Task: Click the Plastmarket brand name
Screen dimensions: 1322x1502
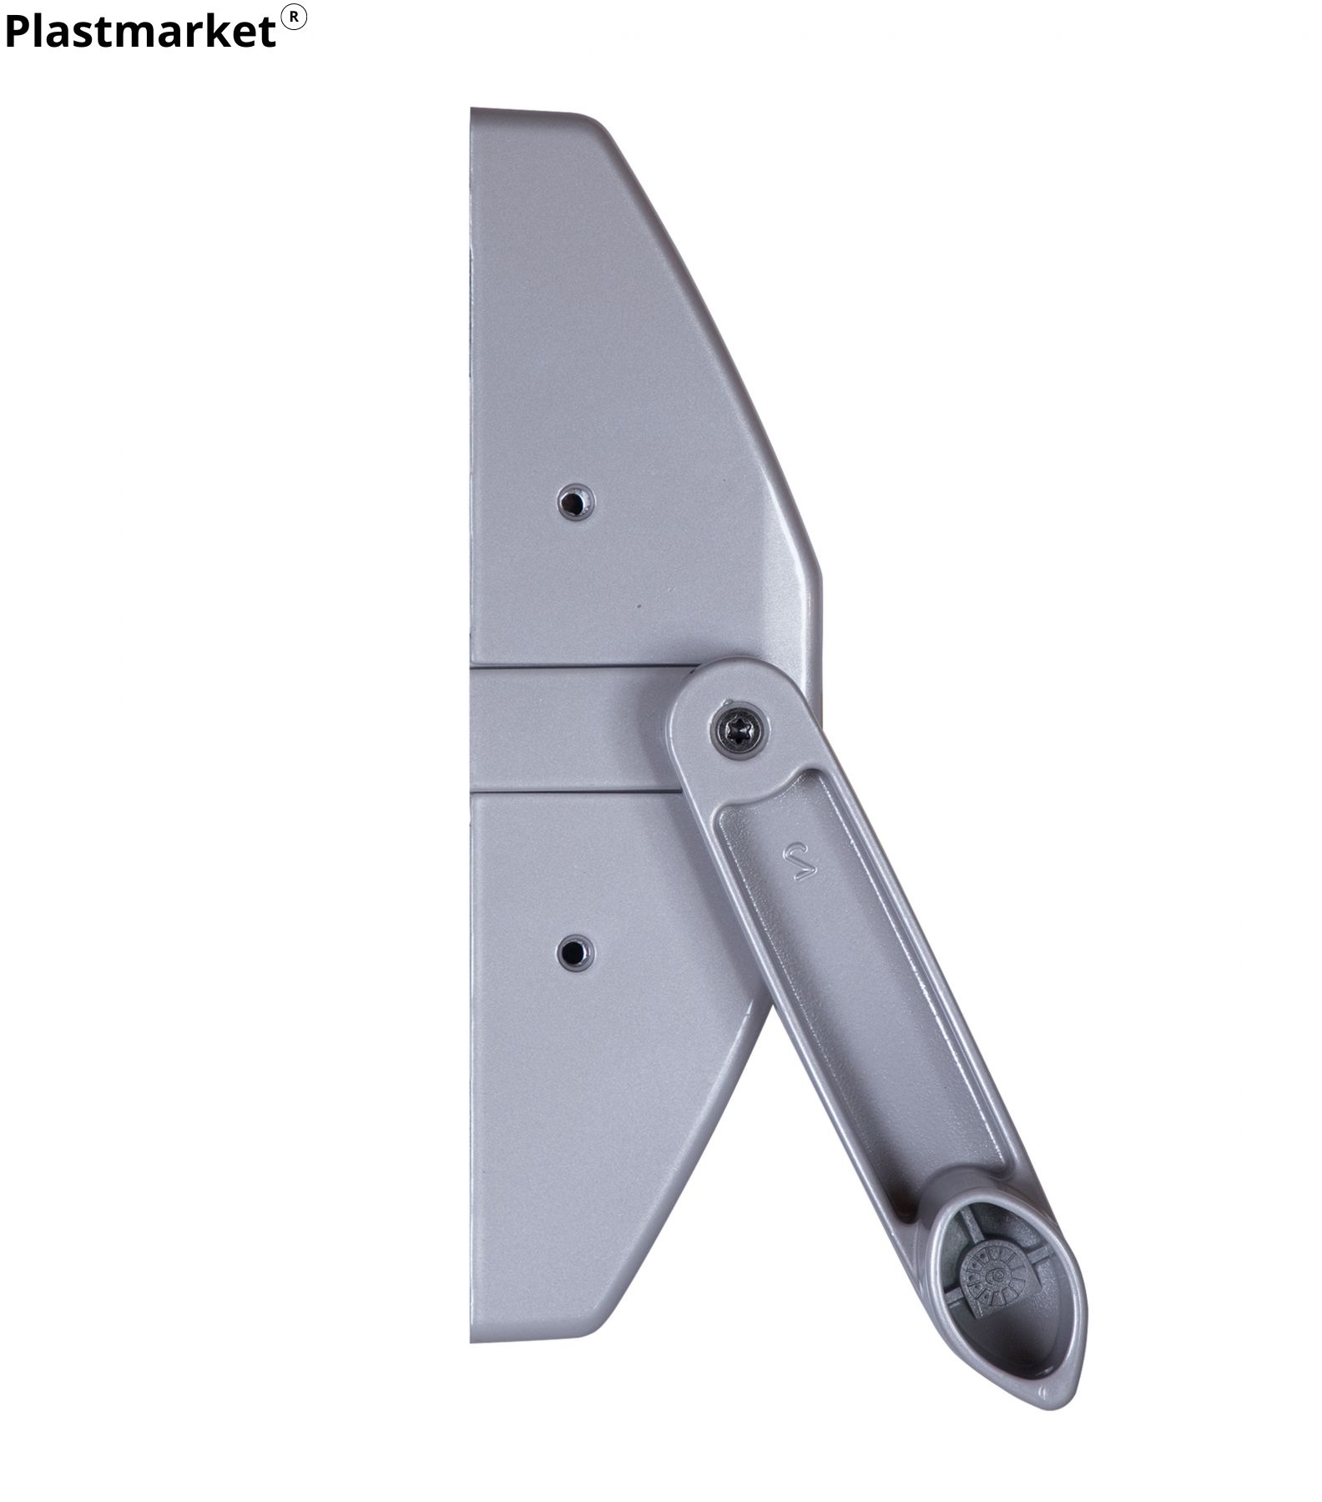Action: click(139, 32)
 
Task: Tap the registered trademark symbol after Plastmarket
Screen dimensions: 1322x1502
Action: click(294, 18)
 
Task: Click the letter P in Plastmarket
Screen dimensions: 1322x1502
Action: click(18, 32)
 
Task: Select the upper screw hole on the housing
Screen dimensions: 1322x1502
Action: click(575, 502)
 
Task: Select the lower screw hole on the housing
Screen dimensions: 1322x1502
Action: click(575, 952)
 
